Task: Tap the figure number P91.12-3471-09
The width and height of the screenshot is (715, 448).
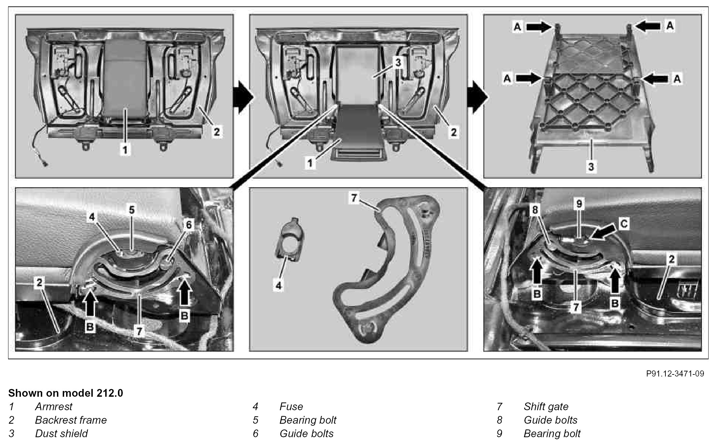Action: click(675, 373)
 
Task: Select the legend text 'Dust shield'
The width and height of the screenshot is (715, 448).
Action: click(61, 433)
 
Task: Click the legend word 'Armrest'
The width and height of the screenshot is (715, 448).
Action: click(54, 407)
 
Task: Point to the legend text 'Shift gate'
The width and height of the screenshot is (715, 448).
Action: click(546, 407)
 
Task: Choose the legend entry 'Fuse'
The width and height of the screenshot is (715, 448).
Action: click(291, 407)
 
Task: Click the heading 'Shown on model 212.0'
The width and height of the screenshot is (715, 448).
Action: click(66, 393)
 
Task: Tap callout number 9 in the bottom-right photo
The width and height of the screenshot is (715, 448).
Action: click(579, 204)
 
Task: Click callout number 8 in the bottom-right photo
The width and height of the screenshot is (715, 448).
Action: click(535, 210)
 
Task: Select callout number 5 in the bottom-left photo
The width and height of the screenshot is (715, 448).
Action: click(132, 210)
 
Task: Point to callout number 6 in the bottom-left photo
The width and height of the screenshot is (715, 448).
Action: click(189, 225)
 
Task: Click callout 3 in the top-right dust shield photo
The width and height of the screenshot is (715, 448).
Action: click(591, 166)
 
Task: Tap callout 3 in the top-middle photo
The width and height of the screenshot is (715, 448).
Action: click(398, 63)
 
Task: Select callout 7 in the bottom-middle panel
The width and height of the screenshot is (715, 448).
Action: click(353, 198)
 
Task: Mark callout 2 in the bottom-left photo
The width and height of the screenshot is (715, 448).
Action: click(39, 282)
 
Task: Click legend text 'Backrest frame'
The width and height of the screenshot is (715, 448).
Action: click(71, 420)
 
